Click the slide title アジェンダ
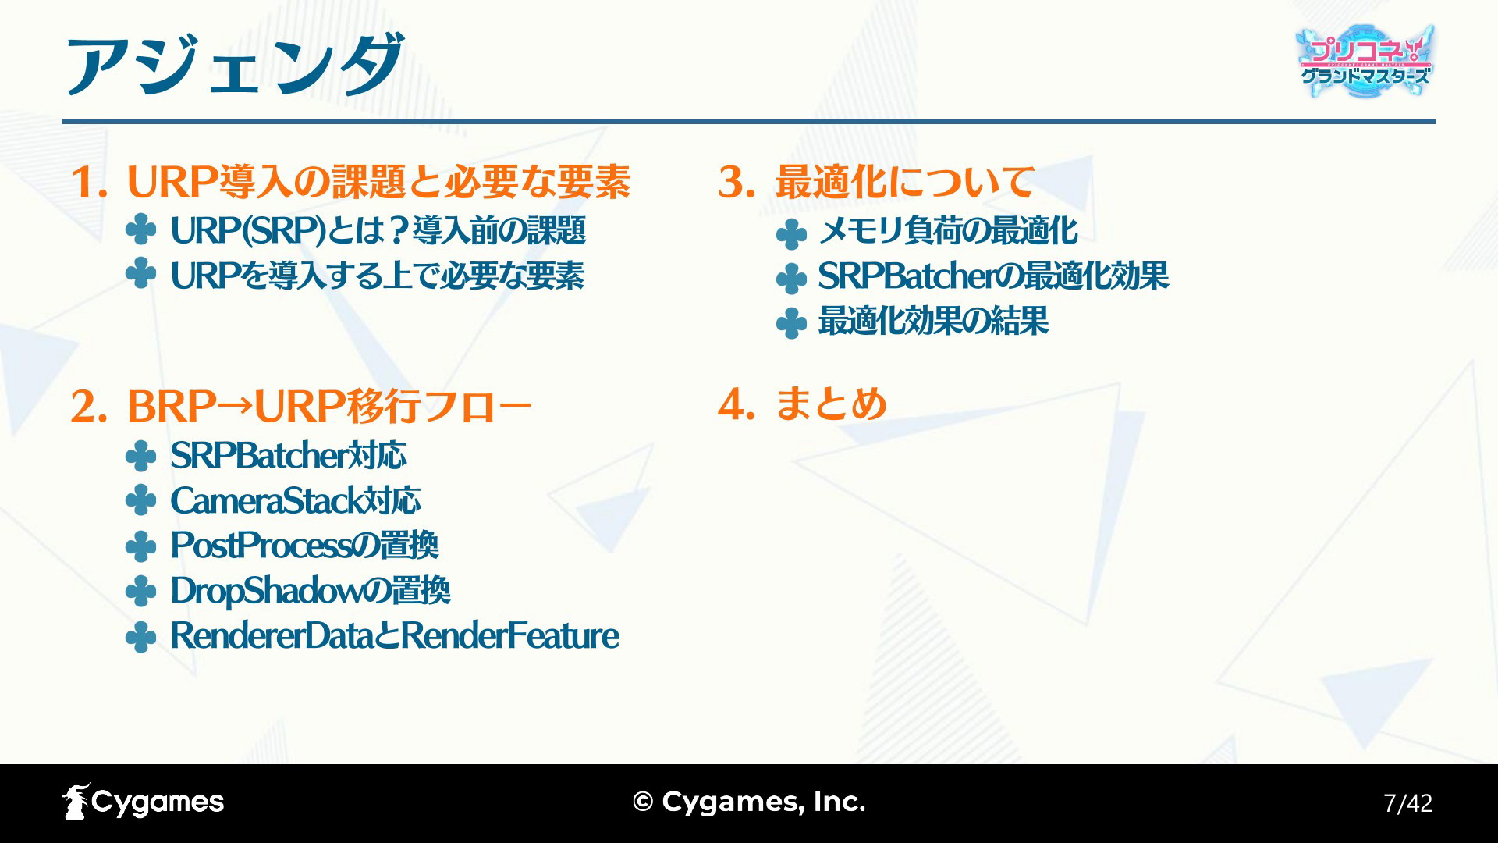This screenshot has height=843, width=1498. (234, 64)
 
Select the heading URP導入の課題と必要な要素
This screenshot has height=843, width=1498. (378, 182)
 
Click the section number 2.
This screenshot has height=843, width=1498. (88, 407)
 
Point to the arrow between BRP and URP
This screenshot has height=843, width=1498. (236, 406)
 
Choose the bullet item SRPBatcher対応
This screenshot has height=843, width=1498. (289, 455)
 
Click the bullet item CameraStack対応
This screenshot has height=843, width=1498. (296, 500)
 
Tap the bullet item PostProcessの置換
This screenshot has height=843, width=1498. (304, 545)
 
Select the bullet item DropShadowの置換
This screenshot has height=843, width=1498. (311, 590)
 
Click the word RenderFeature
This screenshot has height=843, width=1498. (510, 635)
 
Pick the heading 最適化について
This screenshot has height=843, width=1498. (904, 182)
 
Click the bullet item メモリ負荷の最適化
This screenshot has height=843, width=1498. (948, 231)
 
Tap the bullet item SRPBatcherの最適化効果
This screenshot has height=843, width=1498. (993, 276)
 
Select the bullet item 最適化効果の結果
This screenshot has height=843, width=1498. (933, 321)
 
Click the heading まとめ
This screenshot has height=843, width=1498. (831, 404)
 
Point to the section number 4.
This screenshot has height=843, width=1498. (736, 405)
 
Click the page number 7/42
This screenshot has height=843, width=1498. (1407, 803)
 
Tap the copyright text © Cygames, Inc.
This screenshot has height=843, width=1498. (749, 802)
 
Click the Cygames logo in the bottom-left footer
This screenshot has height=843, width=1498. (144, 802)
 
